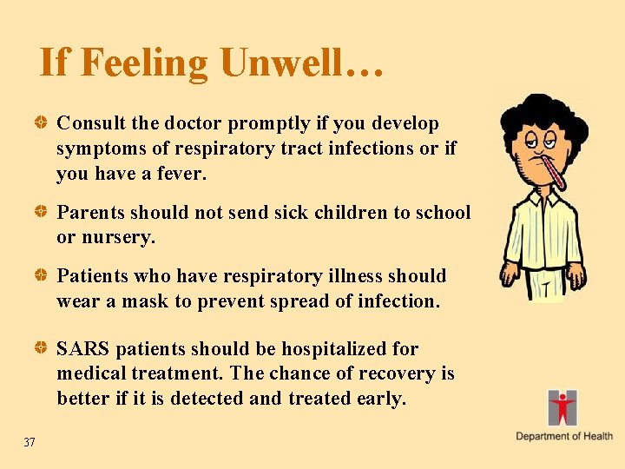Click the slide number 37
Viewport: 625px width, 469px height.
[30, 443]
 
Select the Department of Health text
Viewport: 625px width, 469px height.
[564, 436]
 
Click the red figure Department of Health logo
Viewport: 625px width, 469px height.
[562, 406]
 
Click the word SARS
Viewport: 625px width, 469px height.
[82, 349]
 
